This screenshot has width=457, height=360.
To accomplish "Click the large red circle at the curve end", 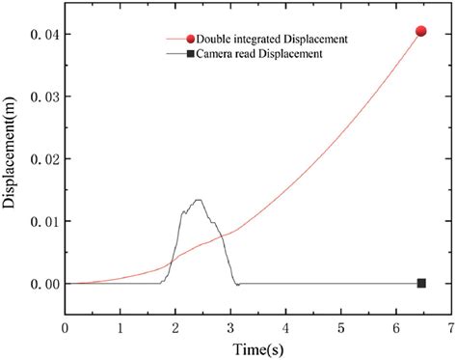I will coord(420,31).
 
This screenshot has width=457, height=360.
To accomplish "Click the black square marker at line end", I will coord(421,283).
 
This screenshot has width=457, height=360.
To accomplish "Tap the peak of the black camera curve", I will coord(198,200).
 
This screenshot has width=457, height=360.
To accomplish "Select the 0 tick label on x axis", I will coord(65,328).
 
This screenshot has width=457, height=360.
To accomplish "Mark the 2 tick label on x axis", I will coord(175,328).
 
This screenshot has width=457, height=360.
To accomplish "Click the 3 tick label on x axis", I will coord(229,328).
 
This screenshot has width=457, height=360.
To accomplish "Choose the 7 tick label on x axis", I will coord(449,328).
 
